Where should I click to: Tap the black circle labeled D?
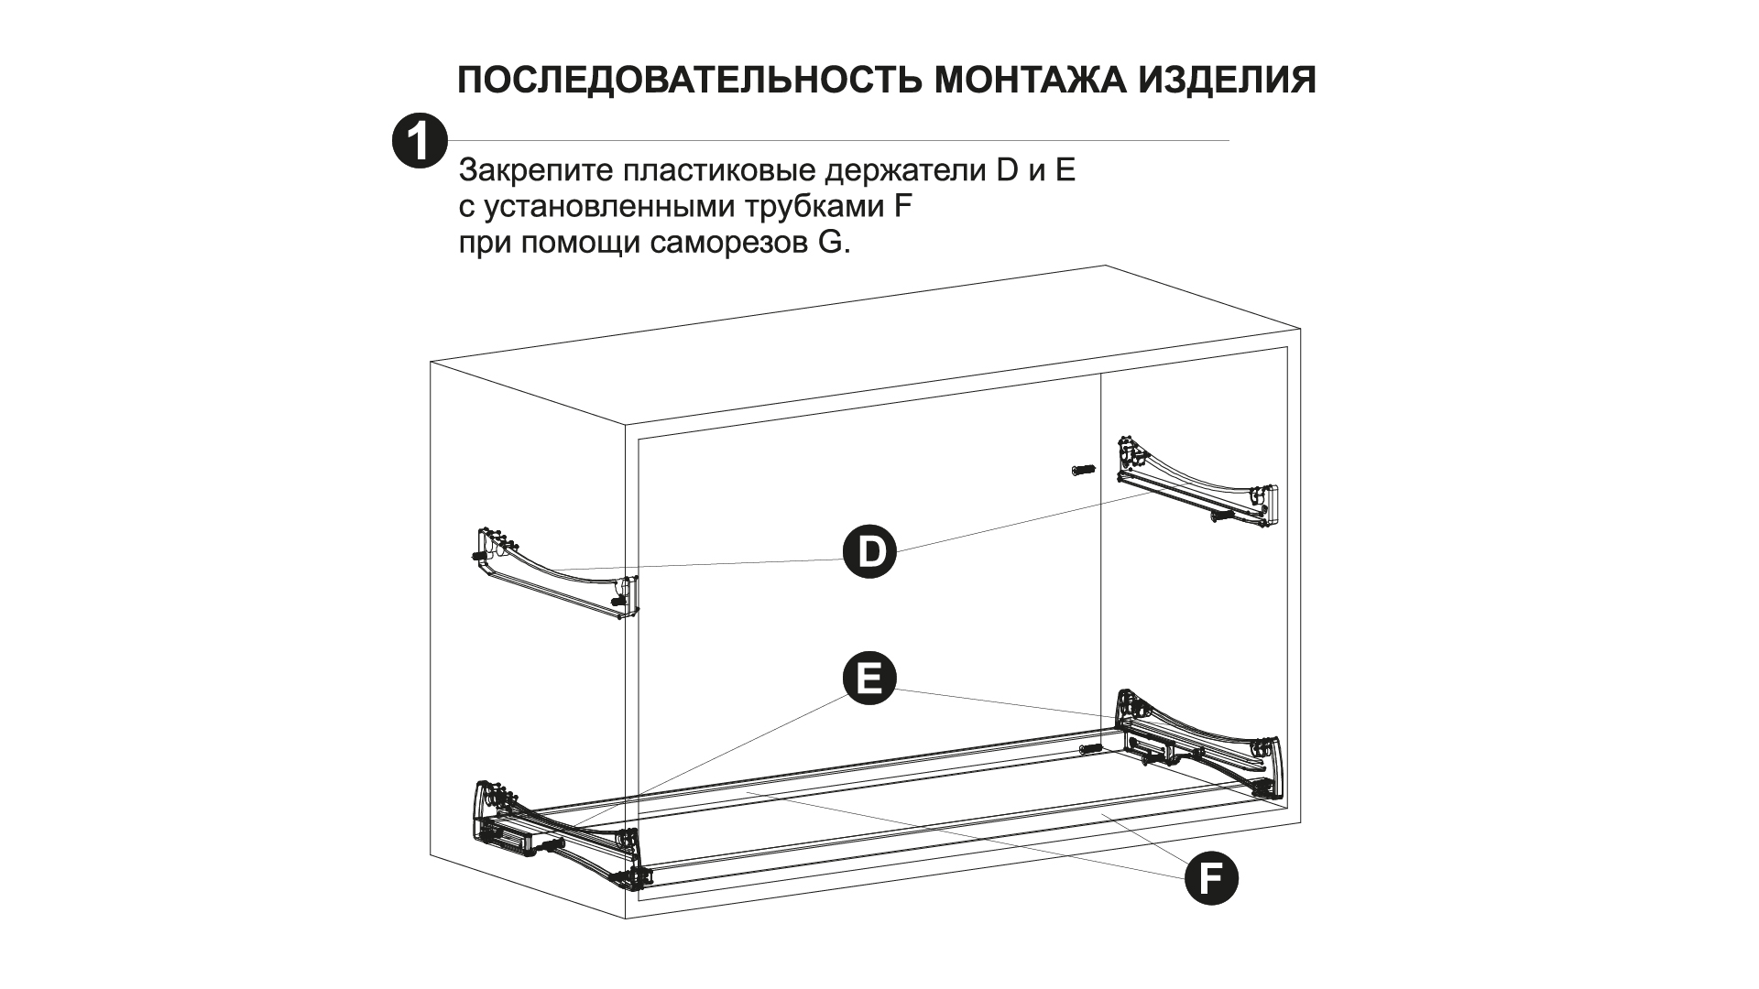click(x=869, y=551)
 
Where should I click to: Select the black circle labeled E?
click(x=869, y=678)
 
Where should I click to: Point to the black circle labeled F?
click(x=1211, y=879)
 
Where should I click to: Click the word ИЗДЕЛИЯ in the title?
click(x=1228, y=81)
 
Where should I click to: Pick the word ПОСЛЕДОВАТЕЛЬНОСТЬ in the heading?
click(x=689, y=81)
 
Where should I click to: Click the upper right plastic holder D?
click(x=1195, y=488)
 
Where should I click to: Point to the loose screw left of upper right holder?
click(x=1081, y=470)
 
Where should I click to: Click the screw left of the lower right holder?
click(x=1092, y=748)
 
